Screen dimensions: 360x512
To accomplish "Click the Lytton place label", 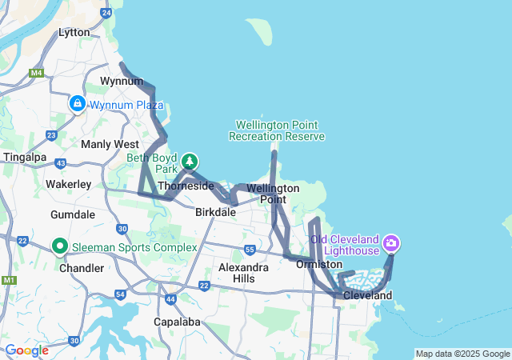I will point(74,32).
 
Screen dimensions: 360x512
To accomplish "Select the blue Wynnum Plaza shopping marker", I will point(78,104).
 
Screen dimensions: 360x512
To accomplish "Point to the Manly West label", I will point(110,144).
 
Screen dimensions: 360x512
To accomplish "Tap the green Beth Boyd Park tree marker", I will point(190,162).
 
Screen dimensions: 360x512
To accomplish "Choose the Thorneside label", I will point(186,186).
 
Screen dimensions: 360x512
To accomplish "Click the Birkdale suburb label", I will point(215,213).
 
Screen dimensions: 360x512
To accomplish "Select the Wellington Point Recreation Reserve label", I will point(277,130).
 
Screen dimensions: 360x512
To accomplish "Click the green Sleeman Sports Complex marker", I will point(59,246).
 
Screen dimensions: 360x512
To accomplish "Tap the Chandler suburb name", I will point(81,268).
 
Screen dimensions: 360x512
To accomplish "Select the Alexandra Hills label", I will point(243,273).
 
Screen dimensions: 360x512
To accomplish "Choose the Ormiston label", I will point(319,264).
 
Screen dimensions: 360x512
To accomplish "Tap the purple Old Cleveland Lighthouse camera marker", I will point(391,242).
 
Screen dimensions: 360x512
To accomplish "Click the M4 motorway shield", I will point(36,73).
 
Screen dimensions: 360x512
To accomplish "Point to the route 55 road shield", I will point(250,250).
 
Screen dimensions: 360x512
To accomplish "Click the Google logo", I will point(26,350).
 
